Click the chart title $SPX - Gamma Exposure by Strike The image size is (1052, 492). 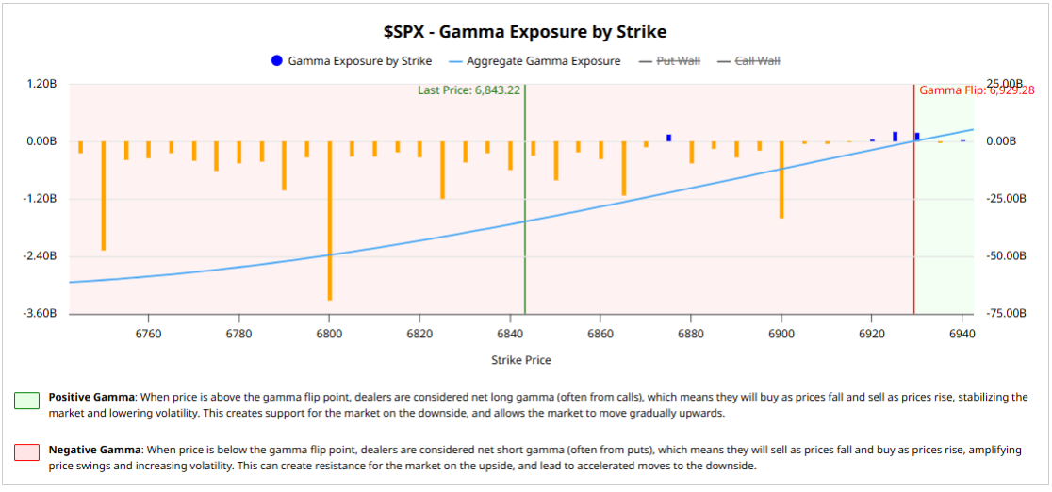point(524,31)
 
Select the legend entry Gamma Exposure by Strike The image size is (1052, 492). point(359,61)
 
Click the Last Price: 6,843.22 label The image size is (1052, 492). point(468,90)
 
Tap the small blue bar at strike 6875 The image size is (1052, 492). point(668,138)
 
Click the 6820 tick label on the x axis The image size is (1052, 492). point(419,334)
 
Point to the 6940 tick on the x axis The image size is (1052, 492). point(962,334)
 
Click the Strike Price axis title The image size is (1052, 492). point(521,360)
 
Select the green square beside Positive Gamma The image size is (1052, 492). point(27,401)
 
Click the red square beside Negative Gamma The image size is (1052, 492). point(27,453)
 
